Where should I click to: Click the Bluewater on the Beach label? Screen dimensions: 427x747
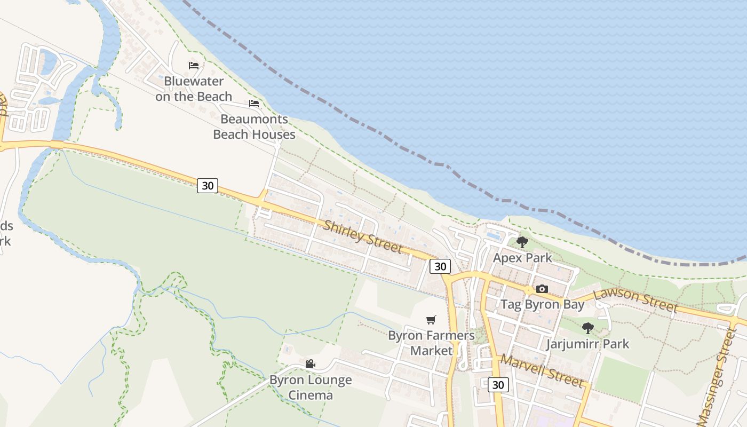(194, 89)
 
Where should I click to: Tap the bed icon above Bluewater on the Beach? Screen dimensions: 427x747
(194, 66)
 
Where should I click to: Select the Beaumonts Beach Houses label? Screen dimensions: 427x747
(254, 126)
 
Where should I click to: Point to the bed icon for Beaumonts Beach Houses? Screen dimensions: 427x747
(254, 103)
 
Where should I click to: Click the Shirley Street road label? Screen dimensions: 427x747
(363, 237)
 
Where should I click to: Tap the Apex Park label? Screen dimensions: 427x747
(522, 258)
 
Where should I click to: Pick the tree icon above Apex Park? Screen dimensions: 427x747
(522, 242)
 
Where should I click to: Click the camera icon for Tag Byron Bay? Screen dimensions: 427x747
(542, 289)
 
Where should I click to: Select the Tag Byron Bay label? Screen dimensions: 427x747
(542, 304)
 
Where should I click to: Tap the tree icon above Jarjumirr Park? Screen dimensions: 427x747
(588, 328)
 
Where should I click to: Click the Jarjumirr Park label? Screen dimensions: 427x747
(588, 344)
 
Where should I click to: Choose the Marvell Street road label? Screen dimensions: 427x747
(542, 370)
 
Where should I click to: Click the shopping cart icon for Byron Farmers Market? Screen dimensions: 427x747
(431, 320)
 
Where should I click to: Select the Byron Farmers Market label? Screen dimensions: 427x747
(431, 343)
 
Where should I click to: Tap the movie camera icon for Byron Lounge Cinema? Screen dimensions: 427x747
(310, 364)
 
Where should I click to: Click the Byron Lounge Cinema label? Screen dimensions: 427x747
(310, 388)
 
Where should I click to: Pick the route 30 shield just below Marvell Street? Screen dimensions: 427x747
(498, 385)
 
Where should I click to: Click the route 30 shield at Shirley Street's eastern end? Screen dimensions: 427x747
(440, 266)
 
